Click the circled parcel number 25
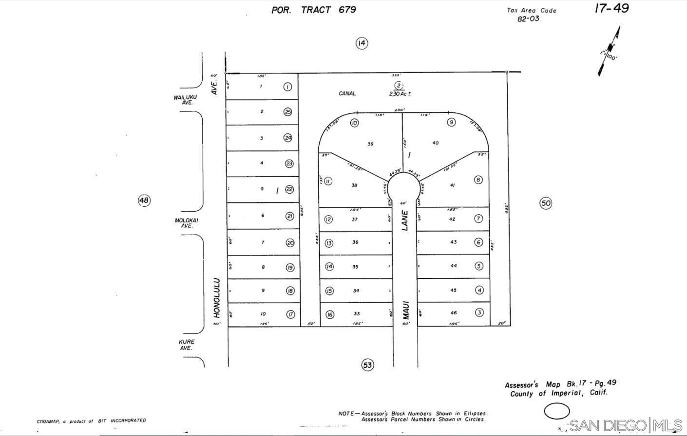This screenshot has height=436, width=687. [288, 112]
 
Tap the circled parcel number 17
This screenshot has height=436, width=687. [290, 314]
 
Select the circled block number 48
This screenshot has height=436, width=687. [144, 200]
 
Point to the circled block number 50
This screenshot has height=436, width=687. [546, 203]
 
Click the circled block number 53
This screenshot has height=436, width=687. [367, 364]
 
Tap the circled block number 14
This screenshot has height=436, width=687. [361, 43]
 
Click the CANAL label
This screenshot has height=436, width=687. [347, 93]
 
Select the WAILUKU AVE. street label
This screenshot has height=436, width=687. [185, 100]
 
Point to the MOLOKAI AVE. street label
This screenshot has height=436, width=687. [187, 223]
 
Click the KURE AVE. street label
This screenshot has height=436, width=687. [186, 345]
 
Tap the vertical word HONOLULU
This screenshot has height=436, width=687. [217, 298]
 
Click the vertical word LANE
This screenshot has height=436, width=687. [405, 220]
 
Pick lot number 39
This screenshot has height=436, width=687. [370, 144]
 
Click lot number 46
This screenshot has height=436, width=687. [454, 313]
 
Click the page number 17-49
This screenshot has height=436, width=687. [611, 8]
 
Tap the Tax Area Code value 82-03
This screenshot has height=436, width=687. [528, 19]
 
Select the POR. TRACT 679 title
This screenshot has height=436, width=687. [313, 10]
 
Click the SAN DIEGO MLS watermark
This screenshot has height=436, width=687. [626, 425]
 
